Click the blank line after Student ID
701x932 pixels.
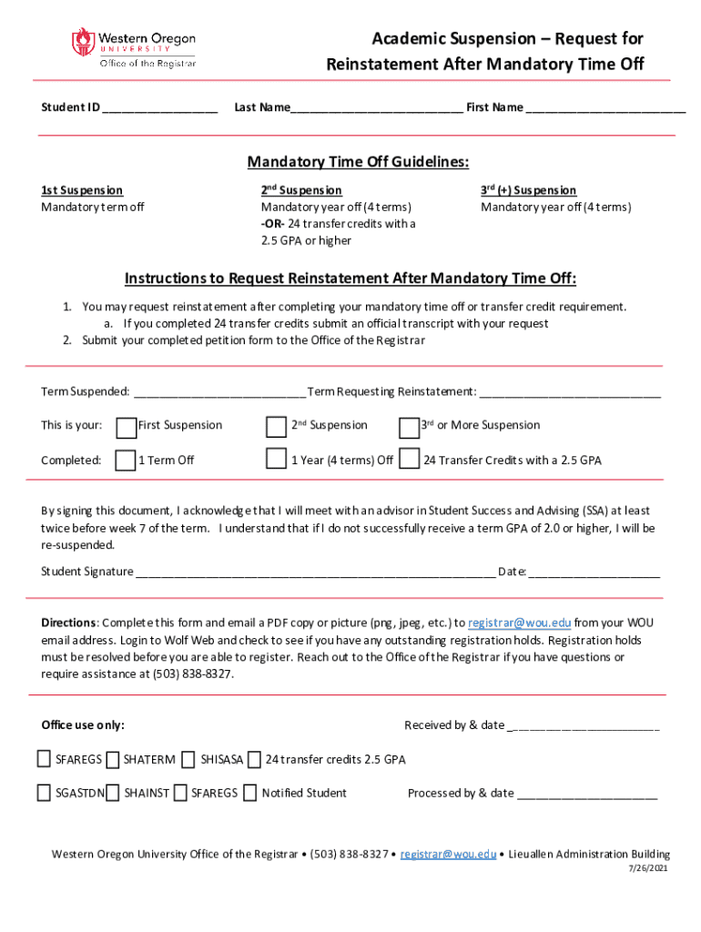(x=160, y=108)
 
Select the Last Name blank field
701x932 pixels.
(x=376, y=108)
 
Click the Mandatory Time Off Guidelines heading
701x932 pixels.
(x=358, y=162)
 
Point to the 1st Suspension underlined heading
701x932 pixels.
(x=82, y=190)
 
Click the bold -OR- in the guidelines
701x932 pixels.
(x=273, y=224)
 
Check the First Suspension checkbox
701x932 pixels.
(x=126, y=426)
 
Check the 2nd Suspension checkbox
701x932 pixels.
(x=275, y=426)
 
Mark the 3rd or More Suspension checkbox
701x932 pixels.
(x=409, y=426)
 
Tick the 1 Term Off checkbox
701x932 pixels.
(x=126, y=460)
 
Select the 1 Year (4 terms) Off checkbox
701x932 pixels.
(x=275, y=459)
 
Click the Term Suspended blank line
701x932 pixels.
(x=218, y=393)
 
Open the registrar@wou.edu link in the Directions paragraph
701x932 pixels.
(x=519, y=623)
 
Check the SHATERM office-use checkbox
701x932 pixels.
(x=113, y=759)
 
